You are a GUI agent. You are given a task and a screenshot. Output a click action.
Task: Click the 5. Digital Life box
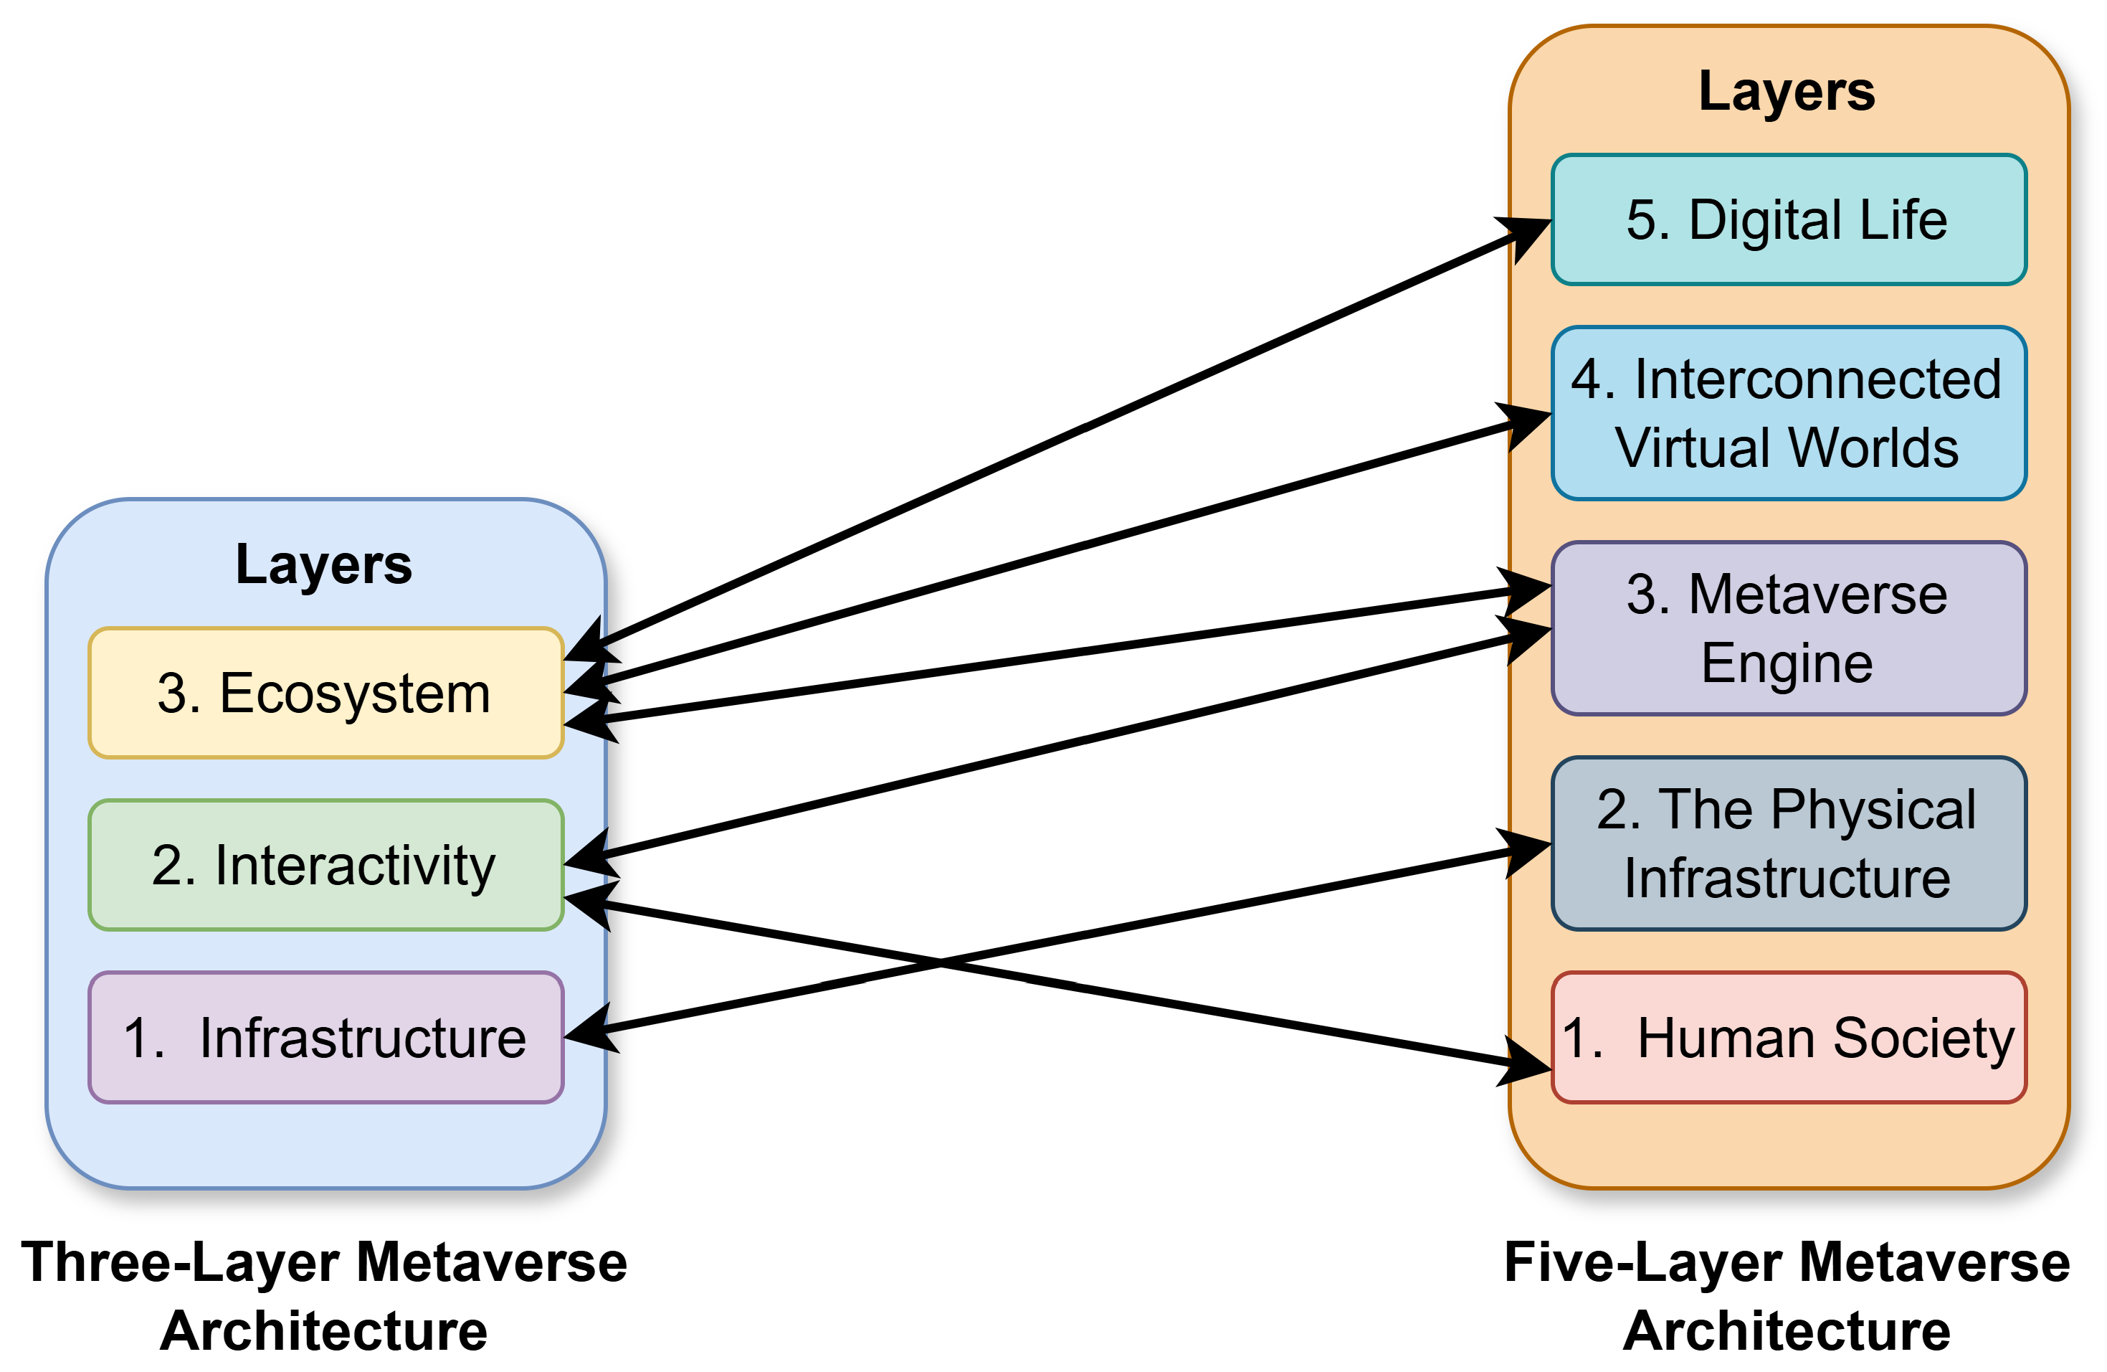1788,219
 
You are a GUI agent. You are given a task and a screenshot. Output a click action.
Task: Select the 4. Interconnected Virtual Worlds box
1788,413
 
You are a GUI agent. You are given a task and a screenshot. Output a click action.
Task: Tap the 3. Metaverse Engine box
1788,628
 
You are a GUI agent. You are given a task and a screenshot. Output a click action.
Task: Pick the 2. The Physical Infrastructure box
1788,843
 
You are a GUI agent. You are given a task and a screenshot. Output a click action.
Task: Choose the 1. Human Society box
1788,1037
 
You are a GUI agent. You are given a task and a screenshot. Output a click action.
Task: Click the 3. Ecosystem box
325,693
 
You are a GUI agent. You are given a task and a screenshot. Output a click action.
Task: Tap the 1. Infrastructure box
325,1037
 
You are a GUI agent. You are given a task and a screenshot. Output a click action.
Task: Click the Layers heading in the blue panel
324,564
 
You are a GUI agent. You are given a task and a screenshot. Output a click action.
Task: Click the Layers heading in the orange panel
1787,91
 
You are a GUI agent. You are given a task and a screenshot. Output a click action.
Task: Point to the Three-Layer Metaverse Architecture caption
324,1296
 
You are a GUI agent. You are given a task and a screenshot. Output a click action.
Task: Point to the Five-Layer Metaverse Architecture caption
1787,1296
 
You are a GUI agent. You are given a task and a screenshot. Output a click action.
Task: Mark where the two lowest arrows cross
940,960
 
